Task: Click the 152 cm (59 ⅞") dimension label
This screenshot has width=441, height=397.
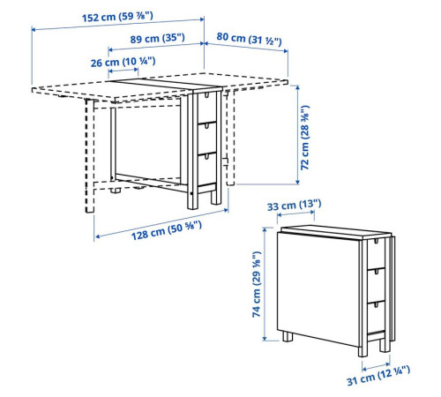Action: (x=117, y=17)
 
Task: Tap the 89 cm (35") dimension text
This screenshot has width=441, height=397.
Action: (x=158, y=39)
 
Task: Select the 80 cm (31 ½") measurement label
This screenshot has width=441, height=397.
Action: (x=249, y=39)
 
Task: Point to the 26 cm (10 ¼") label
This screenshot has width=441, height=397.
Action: (x=123, y=62)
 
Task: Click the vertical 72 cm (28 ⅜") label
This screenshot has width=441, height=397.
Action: (x=305, y=138)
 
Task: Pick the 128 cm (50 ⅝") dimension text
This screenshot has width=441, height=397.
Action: (x=167, y=230)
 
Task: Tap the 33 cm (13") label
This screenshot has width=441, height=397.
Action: (x=295, y=205)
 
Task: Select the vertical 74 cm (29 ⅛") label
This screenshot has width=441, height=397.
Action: (x=257, y=284)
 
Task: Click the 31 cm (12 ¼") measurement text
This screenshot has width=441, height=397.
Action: (x=378, y=376)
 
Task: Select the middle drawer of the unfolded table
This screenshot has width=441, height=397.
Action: (x=207, y=139)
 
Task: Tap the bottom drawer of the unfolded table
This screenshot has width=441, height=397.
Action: (x=207, y=169)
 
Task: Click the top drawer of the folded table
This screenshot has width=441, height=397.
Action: (x=376, y=254)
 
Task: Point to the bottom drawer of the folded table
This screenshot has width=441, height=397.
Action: (x=376, y=317)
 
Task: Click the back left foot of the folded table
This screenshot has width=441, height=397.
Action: (x=288, y=336)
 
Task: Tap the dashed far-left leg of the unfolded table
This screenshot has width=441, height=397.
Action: (x=90, y=156)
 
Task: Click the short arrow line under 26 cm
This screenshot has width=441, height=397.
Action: (x=123, y=71)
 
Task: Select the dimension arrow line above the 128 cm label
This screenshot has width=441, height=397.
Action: (x=161, y=223)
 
